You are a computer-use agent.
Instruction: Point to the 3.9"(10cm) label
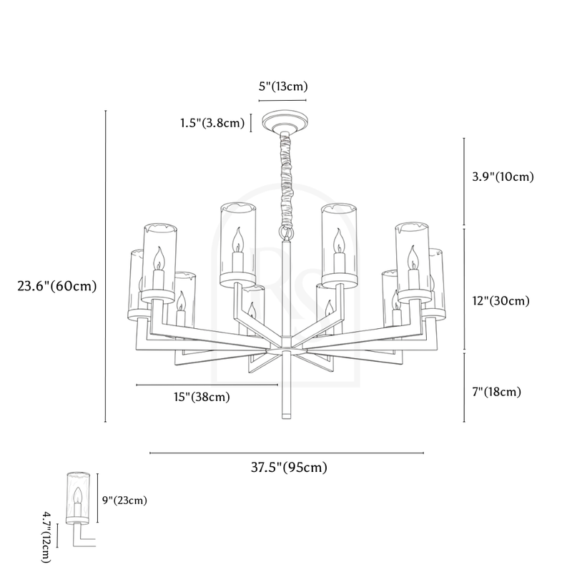pyautogui.click(x=503, y=176)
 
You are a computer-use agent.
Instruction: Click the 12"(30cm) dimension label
pyautogui.click(x=500, y=301)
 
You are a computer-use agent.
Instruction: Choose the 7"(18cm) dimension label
pyautogui.click(x=497, y=391)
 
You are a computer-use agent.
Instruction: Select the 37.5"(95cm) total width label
pyautogui.click(x=289, y=468)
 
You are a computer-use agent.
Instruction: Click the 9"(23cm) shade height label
pyautogui.click(x=124, y=500)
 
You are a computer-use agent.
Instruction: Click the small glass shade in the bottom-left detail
pyautogui.click(x=78, y=497)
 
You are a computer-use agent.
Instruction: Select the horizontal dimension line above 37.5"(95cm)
pyautogui.click(x=286, y=453)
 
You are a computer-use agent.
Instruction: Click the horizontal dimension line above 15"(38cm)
pyautogui.click(x=207, y=385)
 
